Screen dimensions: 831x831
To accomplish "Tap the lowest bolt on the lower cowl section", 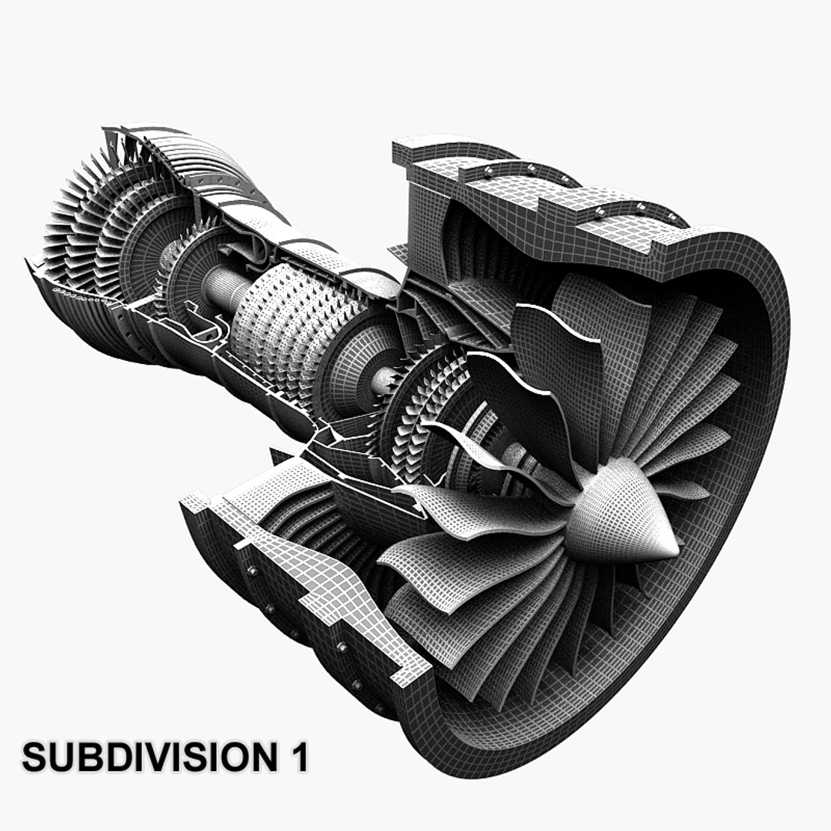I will [x=379, y=706].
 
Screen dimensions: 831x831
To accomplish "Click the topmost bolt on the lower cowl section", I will [x=252, y=570].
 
